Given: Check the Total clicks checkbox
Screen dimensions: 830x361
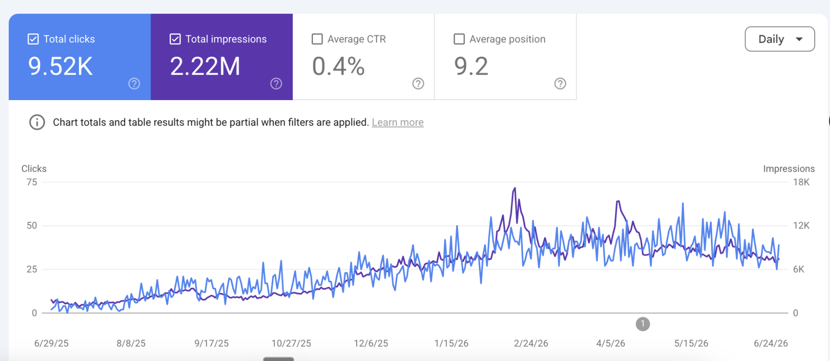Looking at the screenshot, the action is click(33, 39).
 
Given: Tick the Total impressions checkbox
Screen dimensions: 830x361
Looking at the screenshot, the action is click(175, 39).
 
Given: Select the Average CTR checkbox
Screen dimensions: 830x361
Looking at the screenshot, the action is click(317, 39).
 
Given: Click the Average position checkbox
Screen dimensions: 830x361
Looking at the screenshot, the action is click(459, 39).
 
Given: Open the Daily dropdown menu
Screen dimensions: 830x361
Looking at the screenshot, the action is click(780, 39).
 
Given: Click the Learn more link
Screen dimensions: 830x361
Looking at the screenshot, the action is click(397, 122).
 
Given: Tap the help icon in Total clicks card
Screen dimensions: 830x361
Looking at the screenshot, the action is click(134, 84).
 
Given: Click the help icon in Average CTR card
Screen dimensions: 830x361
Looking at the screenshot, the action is click(418, 84).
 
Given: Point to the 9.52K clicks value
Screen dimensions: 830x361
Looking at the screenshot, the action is click(60, 67).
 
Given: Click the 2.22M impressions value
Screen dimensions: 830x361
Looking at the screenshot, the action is click(205, 67).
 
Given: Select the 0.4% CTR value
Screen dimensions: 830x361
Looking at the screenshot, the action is click(338, 67).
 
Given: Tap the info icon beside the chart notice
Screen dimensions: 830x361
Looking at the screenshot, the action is click(37, 122).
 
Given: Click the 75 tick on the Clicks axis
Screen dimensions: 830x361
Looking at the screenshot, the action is click(32, 182).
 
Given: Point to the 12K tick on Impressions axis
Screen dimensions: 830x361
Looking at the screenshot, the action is click(801, 226).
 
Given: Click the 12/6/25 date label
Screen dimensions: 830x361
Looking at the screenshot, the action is click(371, 343).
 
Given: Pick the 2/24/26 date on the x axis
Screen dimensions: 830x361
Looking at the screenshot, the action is click(531, 343).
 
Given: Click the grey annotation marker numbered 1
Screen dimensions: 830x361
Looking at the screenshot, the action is click(643, 324).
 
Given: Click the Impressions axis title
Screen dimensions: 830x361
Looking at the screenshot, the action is click(789, 169).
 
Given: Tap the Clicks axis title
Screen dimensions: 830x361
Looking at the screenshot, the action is click(34, 169).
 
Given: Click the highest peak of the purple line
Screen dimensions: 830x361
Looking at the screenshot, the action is click(515, 188).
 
